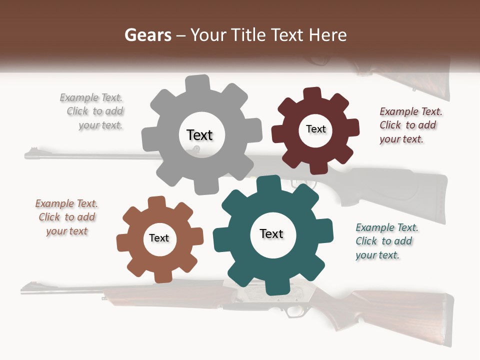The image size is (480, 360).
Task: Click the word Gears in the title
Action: (x=147, y=35)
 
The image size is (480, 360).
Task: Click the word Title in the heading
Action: (x=247, y=35)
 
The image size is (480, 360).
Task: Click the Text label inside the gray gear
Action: (x=199, y=135)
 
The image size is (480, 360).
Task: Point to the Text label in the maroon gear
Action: (x=315, y=129)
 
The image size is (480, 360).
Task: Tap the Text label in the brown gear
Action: (x=158, y=238)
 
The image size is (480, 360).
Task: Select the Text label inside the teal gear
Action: (x=271, y=234)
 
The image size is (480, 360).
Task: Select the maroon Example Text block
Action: (x=410, y=125)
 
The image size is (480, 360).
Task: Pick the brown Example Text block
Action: (x=66, y=217)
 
